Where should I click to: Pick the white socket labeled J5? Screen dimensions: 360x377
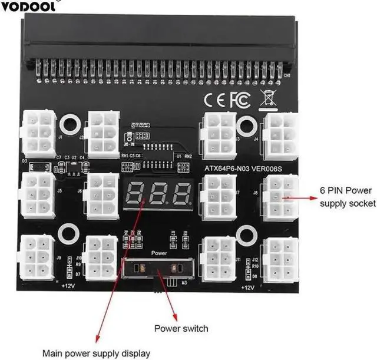[37, 194]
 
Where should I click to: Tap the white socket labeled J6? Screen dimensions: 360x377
[101, 194]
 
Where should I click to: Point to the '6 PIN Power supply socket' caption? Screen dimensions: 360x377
[347, 197]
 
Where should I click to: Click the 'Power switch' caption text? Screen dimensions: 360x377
[181, 328]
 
